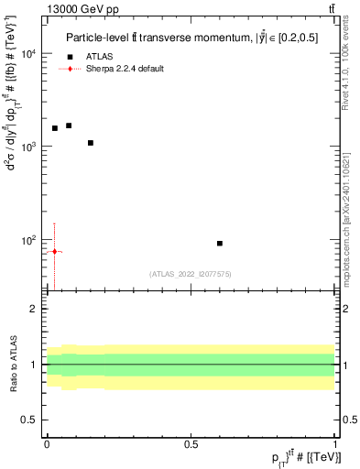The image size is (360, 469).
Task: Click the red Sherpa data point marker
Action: coord(55,251)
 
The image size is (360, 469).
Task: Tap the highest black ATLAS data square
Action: coord(69,125)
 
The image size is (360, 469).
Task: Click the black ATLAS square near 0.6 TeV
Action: coord(220,243)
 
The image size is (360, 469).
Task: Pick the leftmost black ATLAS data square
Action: coord(55,128)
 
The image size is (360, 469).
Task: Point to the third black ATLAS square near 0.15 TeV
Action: coord(91,143)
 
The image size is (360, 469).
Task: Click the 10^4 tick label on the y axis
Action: coord(30,54)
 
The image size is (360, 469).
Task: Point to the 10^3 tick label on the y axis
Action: coord(30,147)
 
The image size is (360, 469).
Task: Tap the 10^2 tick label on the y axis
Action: coord(30,240)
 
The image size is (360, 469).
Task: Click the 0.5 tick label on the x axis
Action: coord(191,444)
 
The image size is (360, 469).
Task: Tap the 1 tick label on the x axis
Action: coord(334,444)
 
